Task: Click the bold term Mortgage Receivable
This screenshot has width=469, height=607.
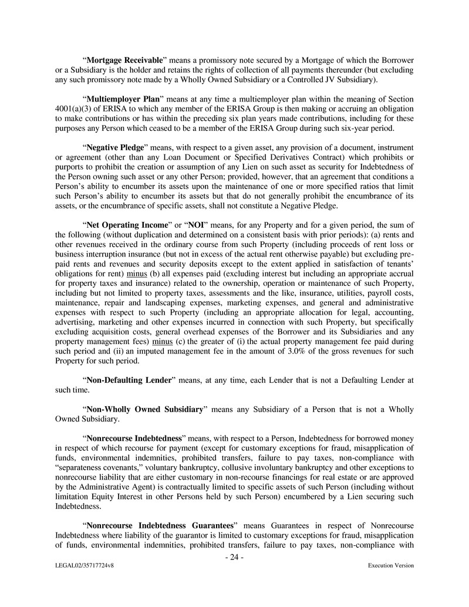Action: point(126,61)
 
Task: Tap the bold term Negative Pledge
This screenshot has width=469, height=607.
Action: point(116,147)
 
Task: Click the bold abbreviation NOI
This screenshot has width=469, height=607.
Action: point(197,224)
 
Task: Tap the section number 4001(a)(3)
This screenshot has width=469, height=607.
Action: point(75,109)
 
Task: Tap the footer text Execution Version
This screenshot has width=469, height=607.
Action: point(391,566)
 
